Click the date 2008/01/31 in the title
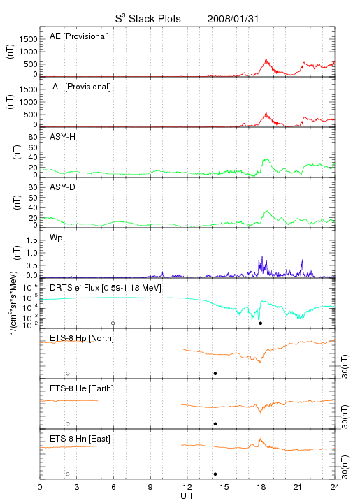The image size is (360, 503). pyautogui.click(x=233, y=19)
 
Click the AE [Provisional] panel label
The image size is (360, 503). pyautogui.click(x=79, y=36)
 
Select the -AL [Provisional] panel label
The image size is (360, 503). pyautogui.click(x=80, y=87)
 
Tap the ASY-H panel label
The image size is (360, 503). pyautogui.click(x=63, y=137)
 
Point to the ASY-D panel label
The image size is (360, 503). pyautogui.click(x=63, y=187)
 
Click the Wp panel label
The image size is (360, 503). pyautogui.click(x=56, y=238)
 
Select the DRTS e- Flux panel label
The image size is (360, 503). pyautogui.click(x=106, y=288)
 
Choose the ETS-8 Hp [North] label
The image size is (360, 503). pyautogui.click(x=82, y=338)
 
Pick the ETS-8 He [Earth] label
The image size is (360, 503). pyautogui.click(x=82, y=388)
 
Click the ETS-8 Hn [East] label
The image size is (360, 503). pyautogui.click(x=80, y=439)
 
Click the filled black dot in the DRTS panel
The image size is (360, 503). pyautogui.click(x=261, y=323)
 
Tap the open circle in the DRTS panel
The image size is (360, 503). pyautogui.click(x=113, y=323)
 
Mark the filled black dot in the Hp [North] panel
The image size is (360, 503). pyautogui.click(x=215, y=373)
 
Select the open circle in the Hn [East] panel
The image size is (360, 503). pyautogui.click(x=68, y=474)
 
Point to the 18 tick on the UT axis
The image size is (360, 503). pyautogui.click(x=261, y=487)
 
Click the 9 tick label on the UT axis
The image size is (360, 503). pyautogui.click(x=150, y=487)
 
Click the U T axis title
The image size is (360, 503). pyautogui.click(x=187, y=496)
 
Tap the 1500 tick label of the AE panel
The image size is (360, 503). pyautogui.click(x=28, y=39)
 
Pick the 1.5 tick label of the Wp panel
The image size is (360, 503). pyautogui.click(x=31, y=240)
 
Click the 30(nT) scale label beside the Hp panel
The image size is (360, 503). pyautogui.click(x=345, y=367)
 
